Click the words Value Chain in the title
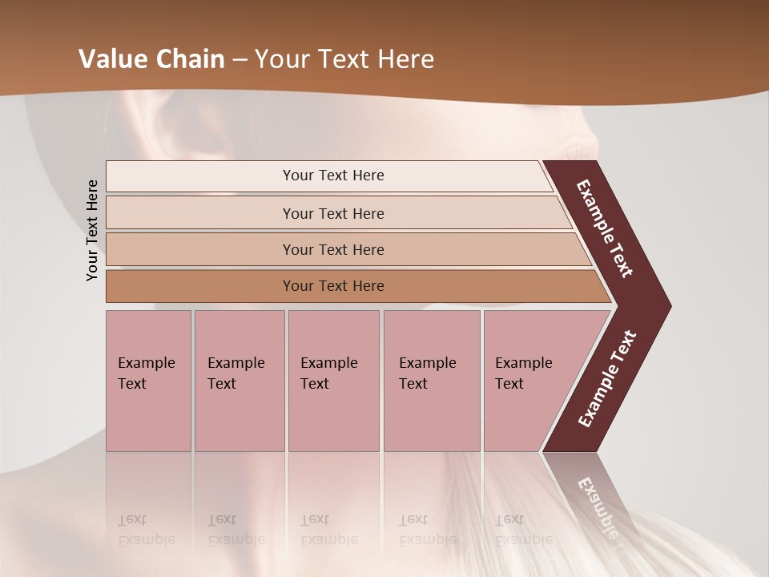[151, 59]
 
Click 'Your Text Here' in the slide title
[344, 59]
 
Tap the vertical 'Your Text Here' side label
[92, 230]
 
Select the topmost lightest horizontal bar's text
[333, 176]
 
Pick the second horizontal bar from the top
[333, 213]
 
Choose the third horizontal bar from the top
[333, 249]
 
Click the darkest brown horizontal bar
[333, 286]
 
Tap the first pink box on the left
[148, 381]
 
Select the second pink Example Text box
[239, 381]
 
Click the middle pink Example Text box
[333, 381]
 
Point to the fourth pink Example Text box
[432, 381]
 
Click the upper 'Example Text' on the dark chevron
[605, 228]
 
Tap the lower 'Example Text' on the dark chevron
[607, 378]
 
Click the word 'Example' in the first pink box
[146, 363]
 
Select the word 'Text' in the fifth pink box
[509, 384]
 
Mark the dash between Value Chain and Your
[240, 60]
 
